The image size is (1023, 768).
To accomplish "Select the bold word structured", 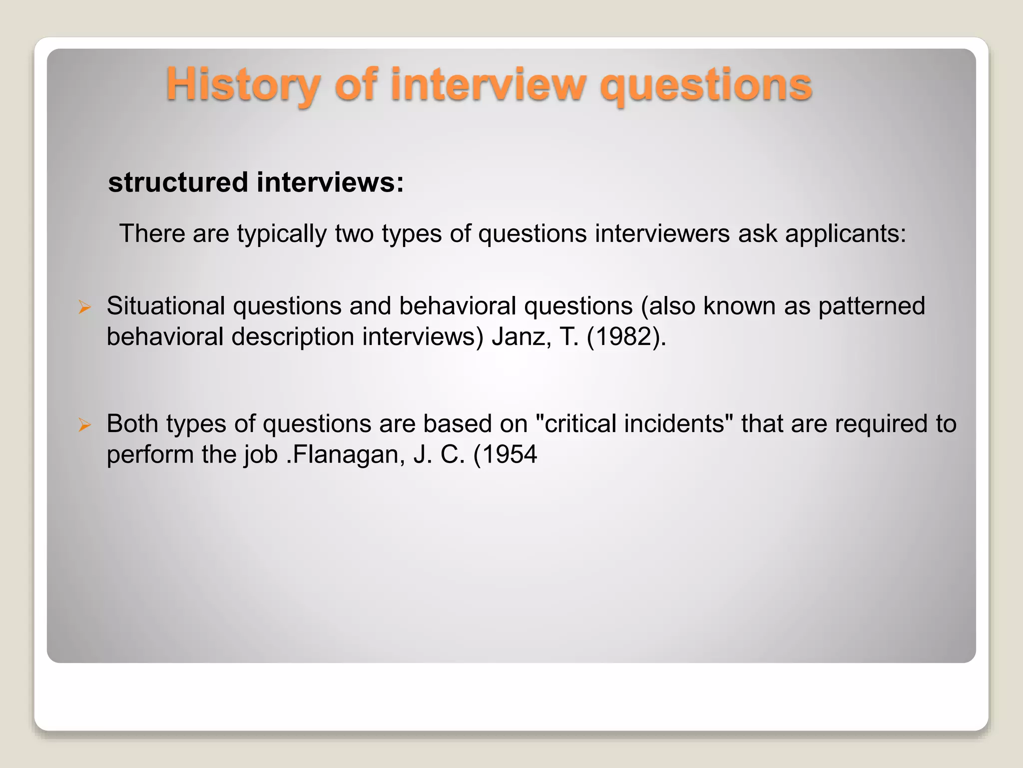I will [178, 182].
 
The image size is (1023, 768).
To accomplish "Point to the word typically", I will [281, 234].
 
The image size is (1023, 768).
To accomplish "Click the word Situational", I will [165, 306].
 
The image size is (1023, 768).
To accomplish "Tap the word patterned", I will [872, 306].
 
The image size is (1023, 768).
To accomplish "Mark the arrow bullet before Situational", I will [84, 307].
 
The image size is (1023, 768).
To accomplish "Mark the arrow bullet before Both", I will [84, 425].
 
